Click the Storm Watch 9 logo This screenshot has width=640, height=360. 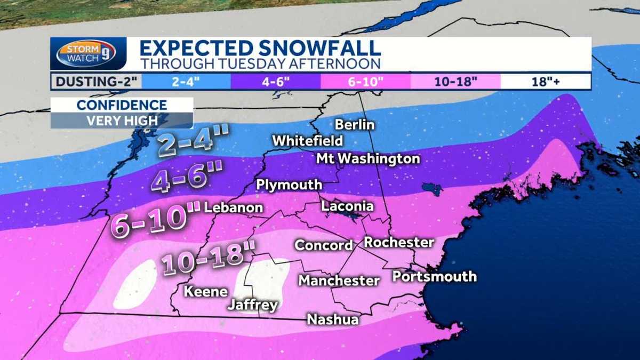(x=88, y=53)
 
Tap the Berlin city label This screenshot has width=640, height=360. (x=355, y=125)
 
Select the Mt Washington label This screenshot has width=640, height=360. (x=368, y=158)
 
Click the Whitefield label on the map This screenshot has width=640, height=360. (x=308, y=141)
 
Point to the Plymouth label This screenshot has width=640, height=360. (x=289, y=185)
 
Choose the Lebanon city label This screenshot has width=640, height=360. (x=234, y=207)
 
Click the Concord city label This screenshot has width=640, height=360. (x=324, y=245)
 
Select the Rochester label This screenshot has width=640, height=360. (x=399, y=242)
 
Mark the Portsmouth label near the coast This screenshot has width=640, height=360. (x=434, y=276)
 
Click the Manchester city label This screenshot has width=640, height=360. (x=339, y=280)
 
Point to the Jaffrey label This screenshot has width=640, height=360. (x=252, y=305)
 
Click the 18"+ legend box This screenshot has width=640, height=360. (x=545, y=82)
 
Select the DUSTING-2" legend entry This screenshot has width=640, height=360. (x=95, y=82)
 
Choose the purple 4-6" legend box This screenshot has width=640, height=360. (x=275, y=82)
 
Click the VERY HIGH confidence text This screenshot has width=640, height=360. (x=122, y=121)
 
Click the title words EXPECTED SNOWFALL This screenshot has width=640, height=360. (x=260, y=48)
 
